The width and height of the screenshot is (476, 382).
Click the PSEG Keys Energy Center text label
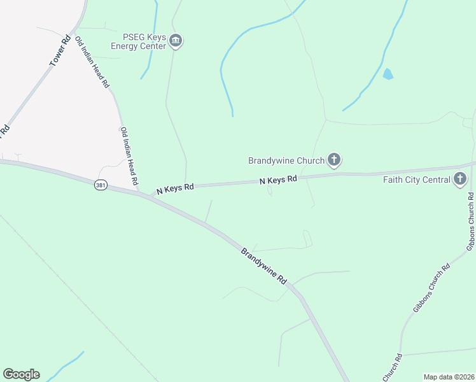(139, 41)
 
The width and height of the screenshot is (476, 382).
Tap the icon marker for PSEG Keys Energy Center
(176, 41)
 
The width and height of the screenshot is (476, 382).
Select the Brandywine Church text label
(286, 160)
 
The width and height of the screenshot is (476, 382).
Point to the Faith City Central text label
(416, 180)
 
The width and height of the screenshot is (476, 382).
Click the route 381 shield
(101, 185)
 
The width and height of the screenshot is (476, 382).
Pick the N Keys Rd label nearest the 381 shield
(175, 187)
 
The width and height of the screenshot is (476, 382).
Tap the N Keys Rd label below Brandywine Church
(279, 180)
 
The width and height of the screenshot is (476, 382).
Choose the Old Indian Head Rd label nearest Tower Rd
(92, 62)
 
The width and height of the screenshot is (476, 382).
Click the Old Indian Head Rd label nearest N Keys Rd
(129, 156)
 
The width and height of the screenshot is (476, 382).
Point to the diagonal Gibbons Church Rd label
(431, 287)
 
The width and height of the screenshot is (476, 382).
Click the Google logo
(21, 374)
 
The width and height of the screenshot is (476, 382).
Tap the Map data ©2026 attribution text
(449, 377)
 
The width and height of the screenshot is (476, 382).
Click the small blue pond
(388, 74)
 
